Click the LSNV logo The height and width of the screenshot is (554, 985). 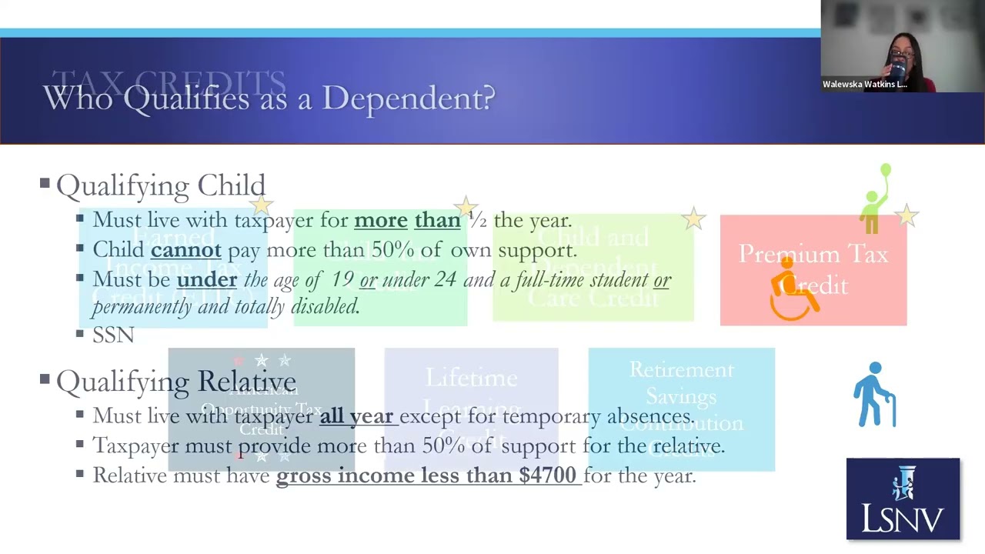point(903,499)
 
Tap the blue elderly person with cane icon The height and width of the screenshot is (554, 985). point(875,395)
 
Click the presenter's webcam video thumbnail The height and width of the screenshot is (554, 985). point(902,46)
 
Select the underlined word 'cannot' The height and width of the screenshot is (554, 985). point(185,250)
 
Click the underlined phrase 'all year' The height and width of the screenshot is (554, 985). point(356,416)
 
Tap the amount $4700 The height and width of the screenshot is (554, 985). point(547,476)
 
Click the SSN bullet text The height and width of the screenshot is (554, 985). point(113,335)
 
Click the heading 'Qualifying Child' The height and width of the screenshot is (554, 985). point(160,185)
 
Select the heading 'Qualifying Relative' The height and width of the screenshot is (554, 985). point(175,381)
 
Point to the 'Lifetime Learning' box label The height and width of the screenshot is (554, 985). point(471,379)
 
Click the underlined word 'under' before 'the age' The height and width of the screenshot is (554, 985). point(206,279)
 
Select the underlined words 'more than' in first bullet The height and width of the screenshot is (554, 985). point(406,220)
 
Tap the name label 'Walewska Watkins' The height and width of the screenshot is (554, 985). point(863,85)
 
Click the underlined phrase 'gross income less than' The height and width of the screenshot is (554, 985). point(396,476)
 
